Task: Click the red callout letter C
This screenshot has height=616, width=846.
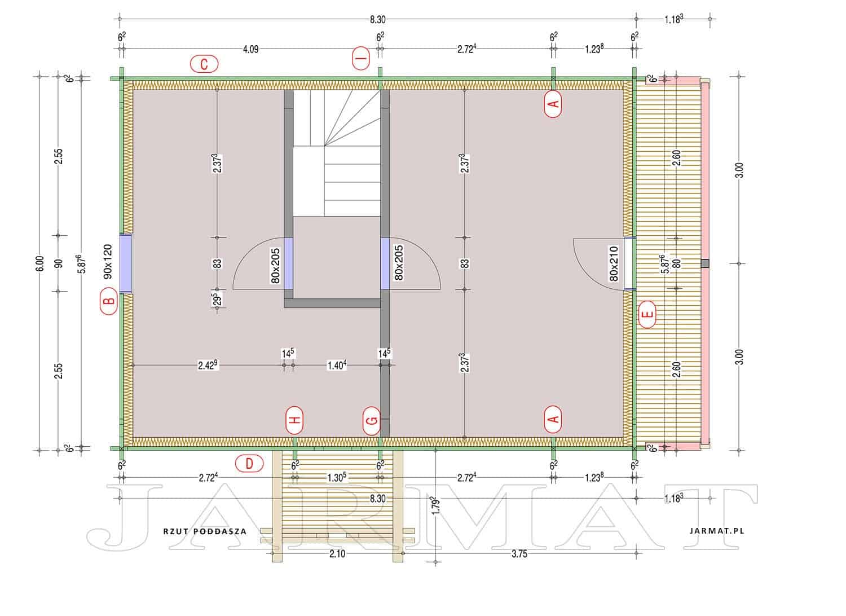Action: pyautogui.click(x=204, y=64)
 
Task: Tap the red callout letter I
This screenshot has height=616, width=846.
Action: pyautogui.click(x=361, y=58)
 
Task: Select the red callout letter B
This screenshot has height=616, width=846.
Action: pyautogui.click(x=109, y=301)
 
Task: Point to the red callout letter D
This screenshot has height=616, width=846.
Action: pyautogui.click(x=249, y=464)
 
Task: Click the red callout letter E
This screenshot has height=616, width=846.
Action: pyautogui.click(x=647, y=314)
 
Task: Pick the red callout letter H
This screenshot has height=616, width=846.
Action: pyautogui.click(x=296, y=420)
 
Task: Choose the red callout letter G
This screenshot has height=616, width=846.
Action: pyautogui.click(x=372, y=421)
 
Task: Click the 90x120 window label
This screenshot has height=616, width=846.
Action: pyautogui.click(x=108, y=261)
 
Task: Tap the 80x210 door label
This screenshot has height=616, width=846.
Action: pyautogui.click(x=614, y=263)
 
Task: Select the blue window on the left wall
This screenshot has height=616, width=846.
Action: pyautogui.click(x=126, y=263)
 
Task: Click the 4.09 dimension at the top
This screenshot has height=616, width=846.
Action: pyautogui.click(x=251, y=49)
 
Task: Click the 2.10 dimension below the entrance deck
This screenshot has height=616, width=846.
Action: pyautogui.click(x=337, y=554)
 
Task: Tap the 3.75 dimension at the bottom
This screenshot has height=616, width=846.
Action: pyautogui.click(x=519, y=554)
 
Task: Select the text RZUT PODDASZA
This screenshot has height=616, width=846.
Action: pyautogui.click(x=205, y=531)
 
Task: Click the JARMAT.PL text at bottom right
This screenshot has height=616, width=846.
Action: pyautogui.click(x=717, y=531)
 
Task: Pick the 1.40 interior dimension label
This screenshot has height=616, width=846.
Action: pyautogui.click(x=337, y=365)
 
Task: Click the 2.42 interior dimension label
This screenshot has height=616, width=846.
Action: pyautogui.click(x=208, y=365)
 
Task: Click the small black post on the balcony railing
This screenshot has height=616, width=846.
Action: pyautogui.click(x=705, y=263)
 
